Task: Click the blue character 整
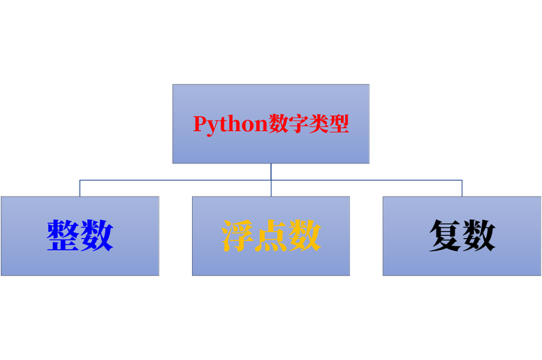(x=63, y=236)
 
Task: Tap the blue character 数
(x=97, y=236)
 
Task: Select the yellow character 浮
(x=237, y=236)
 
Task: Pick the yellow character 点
(x=271, y=236)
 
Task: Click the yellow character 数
(x=305, y=236)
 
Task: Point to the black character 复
(x=445, y=236)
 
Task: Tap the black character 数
(x=479, y=236)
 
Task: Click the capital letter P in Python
(x=199, y=124)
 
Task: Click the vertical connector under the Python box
(x=271, y=172)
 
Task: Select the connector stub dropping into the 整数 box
(x=80, y=188)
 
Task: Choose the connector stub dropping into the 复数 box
(x=462, y=188)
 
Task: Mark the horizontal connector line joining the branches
(x=173, y=180)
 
